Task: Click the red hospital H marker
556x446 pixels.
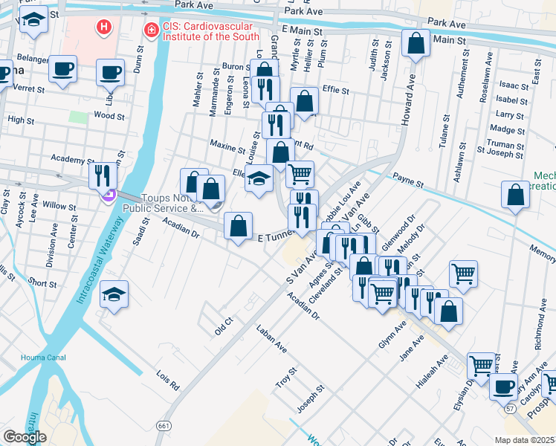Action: [105, 28]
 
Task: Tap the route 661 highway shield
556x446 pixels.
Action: [163, 424]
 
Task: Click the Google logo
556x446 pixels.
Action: [25, 436]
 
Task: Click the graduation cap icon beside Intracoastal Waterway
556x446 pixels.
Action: [114, 294]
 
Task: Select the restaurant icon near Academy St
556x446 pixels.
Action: [103, 175]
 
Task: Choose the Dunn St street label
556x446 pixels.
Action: [139, 58]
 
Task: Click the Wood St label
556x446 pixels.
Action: [108, 116]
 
